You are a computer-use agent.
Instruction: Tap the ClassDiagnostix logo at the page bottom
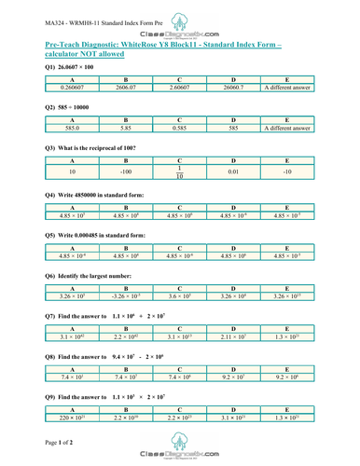coord(178,450)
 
